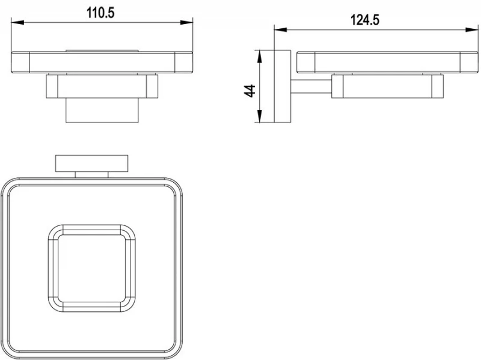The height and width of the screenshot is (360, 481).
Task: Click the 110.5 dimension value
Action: [100, 13]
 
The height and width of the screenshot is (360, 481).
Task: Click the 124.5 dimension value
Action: [365, 20]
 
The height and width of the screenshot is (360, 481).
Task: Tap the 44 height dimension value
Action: [250, 91]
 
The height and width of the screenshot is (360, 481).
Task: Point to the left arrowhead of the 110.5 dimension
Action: [17, 22]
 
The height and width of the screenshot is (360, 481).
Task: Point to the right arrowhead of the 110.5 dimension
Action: [186, 22]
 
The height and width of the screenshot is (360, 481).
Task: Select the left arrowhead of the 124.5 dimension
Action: [280, 29]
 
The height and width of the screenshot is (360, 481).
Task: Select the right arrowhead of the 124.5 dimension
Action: [472, 29]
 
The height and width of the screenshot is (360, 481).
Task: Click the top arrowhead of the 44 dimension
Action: [260, 56]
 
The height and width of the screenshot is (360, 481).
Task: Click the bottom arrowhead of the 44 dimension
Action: [260, 116]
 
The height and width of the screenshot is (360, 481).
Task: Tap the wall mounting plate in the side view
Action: [282, 87]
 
